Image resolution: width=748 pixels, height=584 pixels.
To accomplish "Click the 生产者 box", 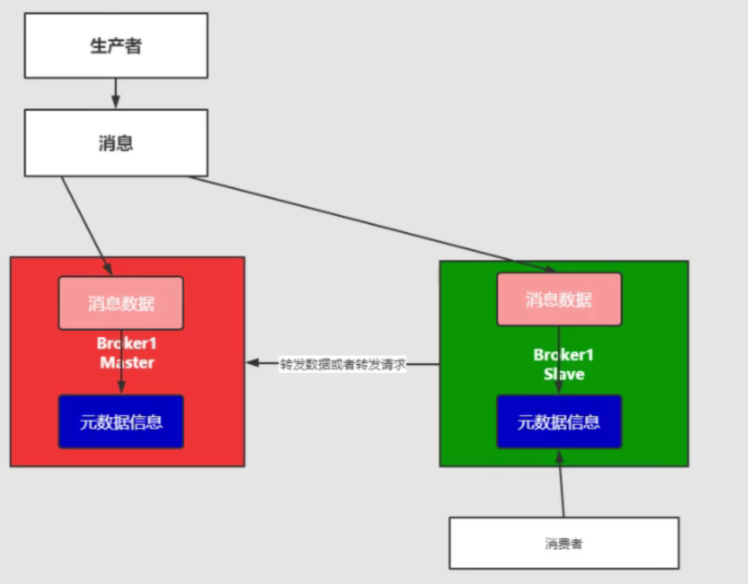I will (x=116, y=45).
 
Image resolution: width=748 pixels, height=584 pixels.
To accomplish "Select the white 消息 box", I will (x=116, y=143).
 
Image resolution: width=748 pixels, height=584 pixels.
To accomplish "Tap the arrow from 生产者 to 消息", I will (x=116, y=93).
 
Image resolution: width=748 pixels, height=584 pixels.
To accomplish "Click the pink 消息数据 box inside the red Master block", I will (x=121, y=302).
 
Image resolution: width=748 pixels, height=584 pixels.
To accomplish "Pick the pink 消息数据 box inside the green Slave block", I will (x=558, y=299).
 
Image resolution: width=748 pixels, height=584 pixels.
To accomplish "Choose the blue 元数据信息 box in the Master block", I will (x=121, y=422).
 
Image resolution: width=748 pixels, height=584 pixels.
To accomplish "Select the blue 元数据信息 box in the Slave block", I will (x=558, y=422).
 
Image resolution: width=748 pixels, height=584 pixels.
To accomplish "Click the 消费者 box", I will (x=563, y=543).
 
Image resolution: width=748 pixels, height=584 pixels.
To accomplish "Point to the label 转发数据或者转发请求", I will (x=343, y=364).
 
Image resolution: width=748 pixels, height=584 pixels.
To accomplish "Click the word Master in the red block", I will (x=127, y=362).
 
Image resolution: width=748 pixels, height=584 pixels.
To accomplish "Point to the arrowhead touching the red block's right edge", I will (x=253, y=363).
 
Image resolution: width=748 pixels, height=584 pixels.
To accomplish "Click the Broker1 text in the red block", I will (x=127, y=344).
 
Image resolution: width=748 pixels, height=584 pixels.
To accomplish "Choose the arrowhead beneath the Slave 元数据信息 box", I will (x=558, y=455).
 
